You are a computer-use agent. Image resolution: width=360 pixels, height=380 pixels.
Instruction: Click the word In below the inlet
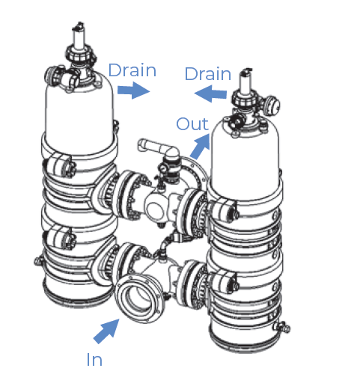pos(94,360)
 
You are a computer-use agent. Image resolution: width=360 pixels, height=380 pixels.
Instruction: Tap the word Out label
pos(192,123)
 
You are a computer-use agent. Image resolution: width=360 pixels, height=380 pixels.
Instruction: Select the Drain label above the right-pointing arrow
pos(132,70)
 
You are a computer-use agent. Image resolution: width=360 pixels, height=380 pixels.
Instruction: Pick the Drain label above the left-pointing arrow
pos(208,73)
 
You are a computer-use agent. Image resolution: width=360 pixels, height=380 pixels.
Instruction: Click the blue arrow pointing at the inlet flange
pos(107,331)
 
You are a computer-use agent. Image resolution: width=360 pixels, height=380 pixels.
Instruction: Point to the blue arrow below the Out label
pos(200,147)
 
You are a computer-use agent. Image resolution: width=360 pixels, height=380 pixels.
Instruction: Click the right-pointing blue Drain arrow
pos(133,91)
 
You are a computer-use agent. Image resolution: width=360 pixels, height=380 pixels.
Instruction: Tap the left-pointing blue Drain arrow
pos(210,94)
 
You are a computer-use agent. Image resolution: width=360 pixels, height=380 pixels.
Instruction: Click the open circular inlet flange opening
pos(138,298)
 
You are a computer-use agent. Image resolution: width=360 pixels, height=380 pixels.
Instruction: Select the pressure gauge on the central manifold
pos(163,168)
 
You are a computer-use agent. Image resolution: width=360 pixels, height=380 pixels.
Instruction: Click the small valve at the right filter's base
pos(282,327)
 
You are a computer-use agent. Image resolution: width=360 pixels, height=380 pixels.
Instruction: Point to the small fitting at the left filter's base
pos(39,261)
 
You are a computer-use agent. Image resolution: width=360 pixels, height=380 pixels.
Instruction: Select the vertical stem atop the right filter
pos(245,82)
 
